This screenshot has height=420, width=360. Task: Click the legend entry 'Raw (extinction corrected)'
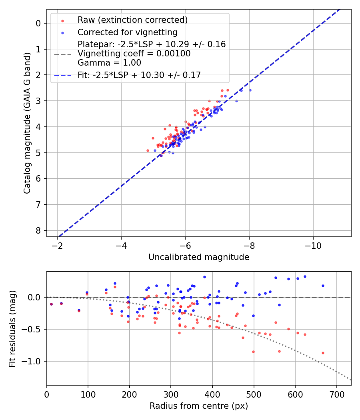tap(132, 20)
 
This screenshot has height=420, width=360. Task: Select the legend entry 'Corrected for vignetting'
tap(127, 32)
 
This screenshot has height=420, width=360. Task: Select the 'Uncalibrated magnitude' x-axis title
tap(199, 257)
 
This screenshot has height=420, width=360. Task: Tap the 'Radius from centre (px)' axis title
tap(199, 406)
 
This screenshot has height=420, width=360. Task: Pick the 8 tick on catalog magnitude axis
tap(38, 230)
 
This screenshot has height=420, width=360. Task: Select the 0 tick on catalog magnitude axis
tap(38, 23)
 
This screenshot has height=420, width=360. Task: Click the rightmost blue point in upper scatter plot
tap(250, 90)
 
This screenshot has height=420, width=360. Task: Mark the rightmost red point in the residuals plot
tap(323, 353)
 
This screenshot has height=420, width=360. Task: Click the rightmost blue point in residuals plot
tap(323, 286)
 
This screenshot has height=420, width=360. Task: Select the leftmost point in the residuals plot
tap(51, 304)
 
